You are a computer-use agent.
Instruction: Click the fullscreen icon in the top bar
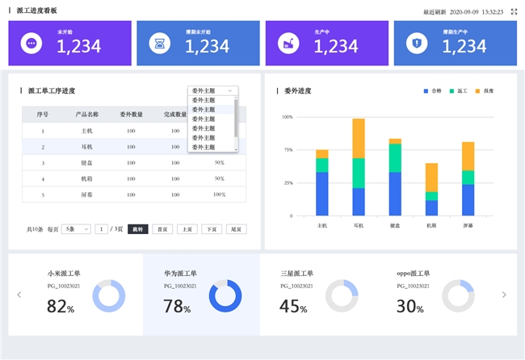[514, 12]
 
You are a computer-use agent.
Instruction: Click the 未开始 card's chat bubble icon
[31, 44]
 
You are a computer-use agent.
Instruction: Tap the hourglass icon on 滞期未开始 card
[159, 44]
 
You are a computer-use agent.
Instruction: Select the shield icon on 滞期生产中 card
[416, 44]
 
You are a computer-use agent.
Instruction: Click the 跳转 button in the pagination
[136, 229]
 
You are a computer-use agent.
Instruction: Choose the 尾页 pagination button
[237, 229]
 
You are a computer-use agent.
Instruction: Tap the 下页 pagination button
[212, 229]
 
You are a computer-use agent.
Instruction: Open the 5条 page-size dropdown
[77, 229]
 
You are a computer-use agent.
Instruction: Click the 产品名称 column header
[86, 115]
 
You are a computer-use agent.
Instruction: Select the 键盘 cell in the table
[86, 162]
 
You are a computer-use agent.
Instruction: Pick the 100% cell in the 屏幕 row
[219, 195]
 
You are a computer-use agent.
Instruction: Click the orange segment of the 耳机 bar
[359, 138]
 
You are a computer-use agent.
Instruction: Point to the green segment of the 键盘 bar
[395, 157]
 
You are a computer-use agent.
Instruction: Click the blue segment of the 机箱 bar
[431, 207]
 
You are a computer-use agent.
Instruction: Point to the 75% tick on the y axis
[288, 150]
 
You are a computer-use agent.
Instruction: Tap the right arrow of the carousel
[505, 295]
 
